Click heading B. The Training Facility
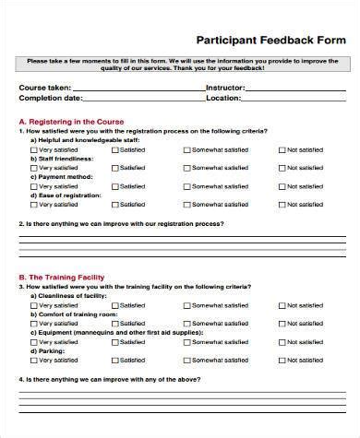coord(62,278)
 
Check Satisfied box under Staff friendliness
coord(115,168)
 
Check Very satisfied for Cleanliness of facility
coord(34,305)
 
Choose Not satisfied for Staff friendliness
coord(281,168)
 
